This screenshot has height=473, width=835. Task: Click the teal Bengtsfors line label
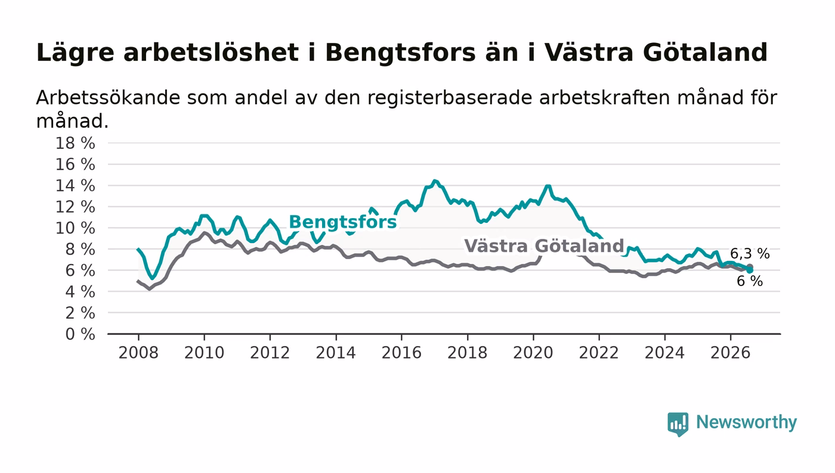point(342,222)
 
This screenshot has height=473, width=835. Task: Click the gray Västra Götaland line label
point(544,246)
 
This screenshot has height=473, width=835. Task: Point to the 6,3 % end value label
point(750,254)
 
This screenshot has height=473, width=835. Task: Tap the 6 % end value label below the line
point(750,281)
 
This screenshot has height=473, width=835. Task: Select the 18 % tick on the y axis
point(75,143)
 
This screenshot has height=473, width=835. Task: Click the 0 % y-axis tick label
point(80,334)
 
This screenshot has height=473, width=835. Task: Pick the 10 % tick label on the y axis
point(75,228)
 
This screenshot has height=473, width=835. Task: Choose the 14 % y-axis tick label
point(75,185)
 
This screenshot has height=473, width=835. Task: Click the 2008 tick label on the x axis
point(138,353)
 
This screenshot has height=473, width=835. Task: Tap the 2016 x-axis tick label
point(401,353)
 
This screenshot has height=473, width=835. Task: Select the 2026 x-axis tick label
point(730,353)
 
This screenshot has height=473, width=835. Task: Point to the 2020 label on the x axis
point(533,353)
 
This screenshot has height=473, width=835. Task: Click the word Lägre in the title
point(75,53)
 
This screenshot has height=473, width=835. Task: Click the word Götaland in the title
point(705,52)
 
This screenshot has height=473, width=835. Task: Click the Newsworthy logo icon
point(678,424)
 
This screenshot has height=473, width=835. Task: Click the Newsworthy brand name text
point(746,422)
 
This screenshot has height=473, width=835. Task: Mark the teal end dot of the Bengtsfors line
point(750,270)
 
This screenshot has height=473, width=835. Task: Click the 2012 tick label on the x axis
point(270,353)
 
